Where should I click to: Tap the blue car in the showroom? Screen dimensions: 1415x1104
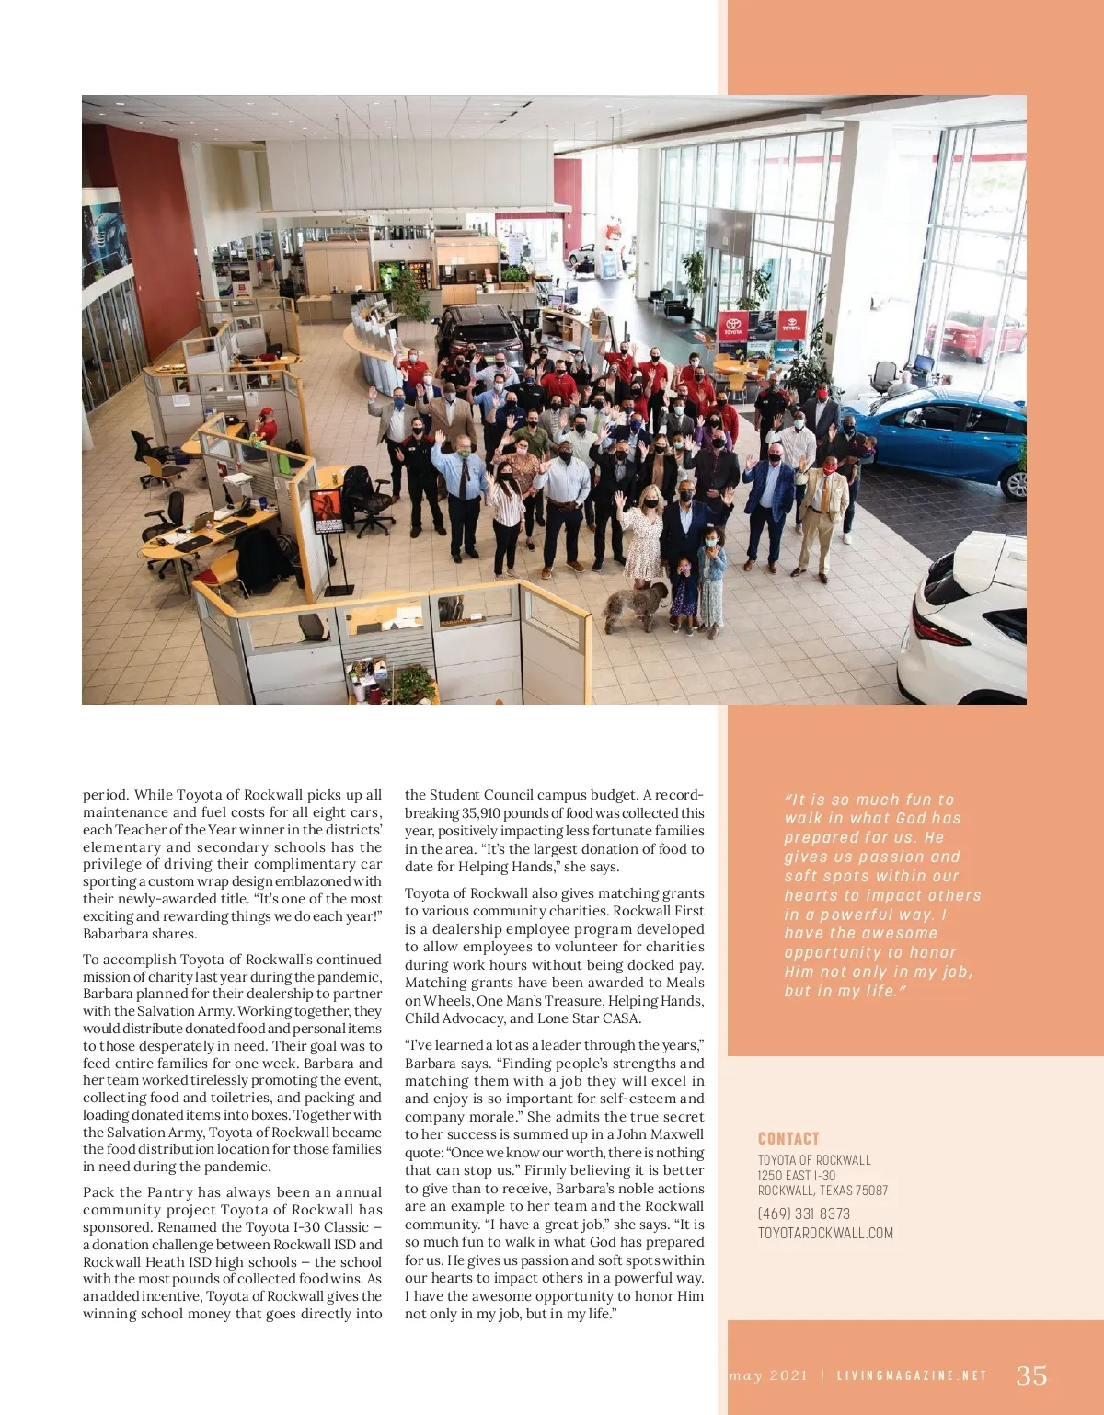click(948, 442)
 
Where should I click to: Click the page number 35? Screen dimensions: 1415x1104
click(1031, 1375)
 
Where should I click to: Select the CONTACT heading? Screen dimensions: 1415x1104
click(788, 1138)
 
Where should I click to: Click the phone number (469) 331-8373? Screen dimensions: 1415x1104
click(803, 1214)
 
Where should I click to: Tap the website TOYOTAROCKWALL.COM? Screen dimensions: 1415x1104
click(825, 1233)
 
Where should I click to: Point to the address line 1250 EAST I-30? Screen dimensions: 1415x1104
click(797, 1175)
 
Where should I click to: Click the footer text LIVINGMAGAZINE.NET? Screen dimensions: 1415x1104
click(912, 1375)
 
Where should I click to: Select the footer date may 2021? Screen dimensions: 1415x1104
click(768, 1375)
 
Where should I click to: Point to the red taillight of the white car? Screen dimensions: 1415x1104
click(939, 629)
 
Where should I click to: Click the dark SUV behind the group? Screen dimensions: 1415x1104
click(478, 331)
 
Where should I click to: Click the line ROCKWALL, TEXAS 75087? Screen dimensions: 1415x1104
click(822, 1190)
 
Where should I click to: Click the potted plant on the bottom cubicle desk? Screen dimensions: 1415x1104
click(414, 683)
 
